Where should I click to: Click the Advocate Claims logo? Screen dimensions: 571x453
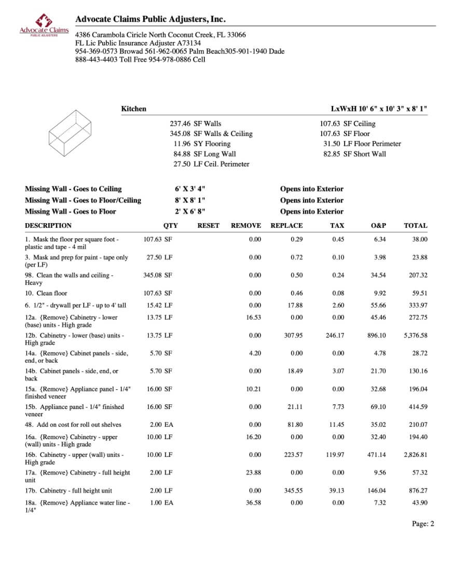click(x=44, y=25)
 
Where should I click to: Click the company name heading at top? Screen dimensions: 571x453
click(x=150, y=19)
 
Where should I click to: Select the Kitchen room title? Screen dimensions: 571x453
click(x=133, y=109)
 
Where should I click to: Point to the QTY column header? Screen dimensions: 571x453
click(x=170, y=226)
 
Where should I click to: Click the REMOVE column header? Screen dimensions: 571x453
click(x=245, y=226)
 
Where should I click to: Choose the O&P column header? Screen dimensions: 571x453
click(x=378, y=226)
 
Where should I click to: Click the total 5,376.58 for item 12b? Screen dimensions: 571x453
click(x=415, y=335)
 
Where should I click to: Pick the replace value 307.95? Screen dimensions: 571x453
click(x=294, y=335)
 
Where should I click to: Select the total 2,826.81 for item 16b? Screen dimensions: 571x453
click(x=415, y=455)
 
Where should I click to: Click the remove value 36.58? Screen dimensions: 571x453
click(x=253, y=503)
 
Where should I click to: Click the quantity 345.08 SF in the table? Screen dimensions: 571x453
click(x=158, y=275)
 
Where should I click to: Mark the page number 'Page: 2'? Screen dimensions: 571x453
click(x=423, y=524)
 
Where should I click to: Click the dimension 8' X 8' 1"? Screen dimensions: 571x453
click(x=193, y=200)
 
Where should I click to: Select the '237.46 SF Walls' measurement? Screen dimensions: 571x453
click(x=195, y=124)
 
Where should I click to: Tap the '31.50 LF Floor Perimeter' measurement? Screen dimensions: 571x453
click(x=362, y=144)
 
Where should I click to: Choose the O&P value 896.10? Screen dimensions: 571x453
click(x=376, y=335)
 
